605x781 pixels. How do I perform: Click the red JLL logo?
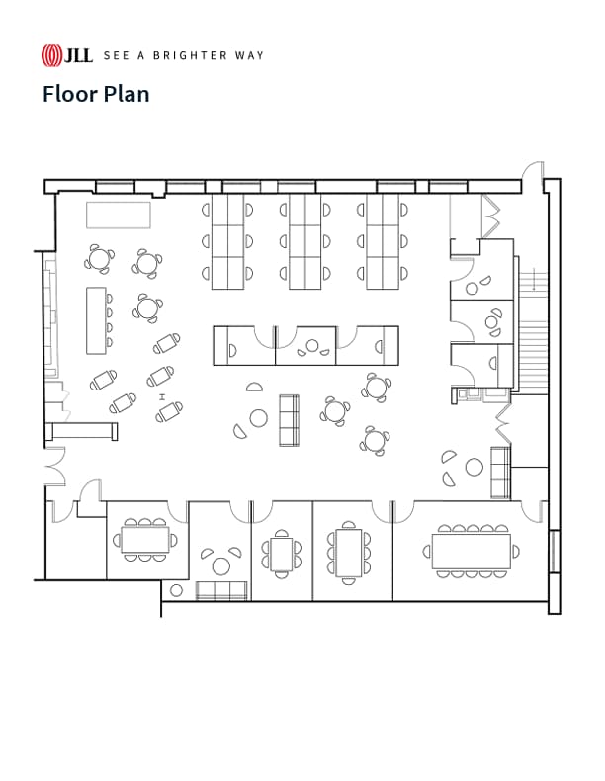[66, 55]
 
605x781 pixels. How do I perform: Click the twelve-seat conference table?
[472, 551]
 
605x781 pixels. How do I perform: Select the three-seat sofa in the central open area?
[290, 419]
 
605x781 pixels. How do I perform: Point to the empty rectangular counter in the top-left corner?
[118, 215]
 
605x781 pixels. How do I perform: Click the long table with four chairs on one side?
[96, 319]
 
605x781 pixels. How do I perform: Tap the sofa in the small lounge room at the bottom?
[220, 591]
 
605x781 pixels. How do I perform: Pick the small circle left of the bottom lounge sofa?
[176, 590]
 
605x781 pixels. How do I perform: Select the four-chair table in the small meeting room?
[282, 554]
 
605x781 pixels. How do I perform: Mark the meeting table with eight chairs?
[145, 539]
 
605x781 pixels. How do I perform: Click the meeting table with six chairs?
[348, 553]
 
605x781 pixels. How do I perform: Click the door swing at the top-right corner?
[533, 172]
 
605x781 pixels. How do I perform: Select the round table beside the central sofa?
[258, 418]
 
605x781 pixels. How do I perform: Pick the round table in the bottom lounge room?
[220, 565]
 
